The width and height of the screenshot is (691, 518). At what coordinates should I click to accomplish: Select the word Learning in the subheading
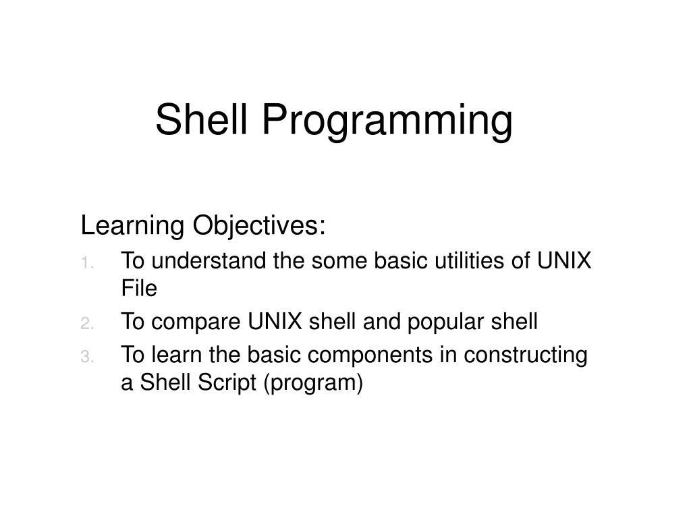tap(133, 227)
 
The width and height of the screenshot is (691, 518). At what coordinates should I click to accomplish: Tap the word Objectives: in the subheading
tap(259, 227)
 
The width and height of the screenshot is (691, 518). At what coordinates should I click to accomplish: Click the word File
tap(139, 289)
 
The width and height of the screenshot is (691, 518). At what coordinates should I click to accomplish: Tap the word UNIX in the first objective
tap(565, 261)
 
